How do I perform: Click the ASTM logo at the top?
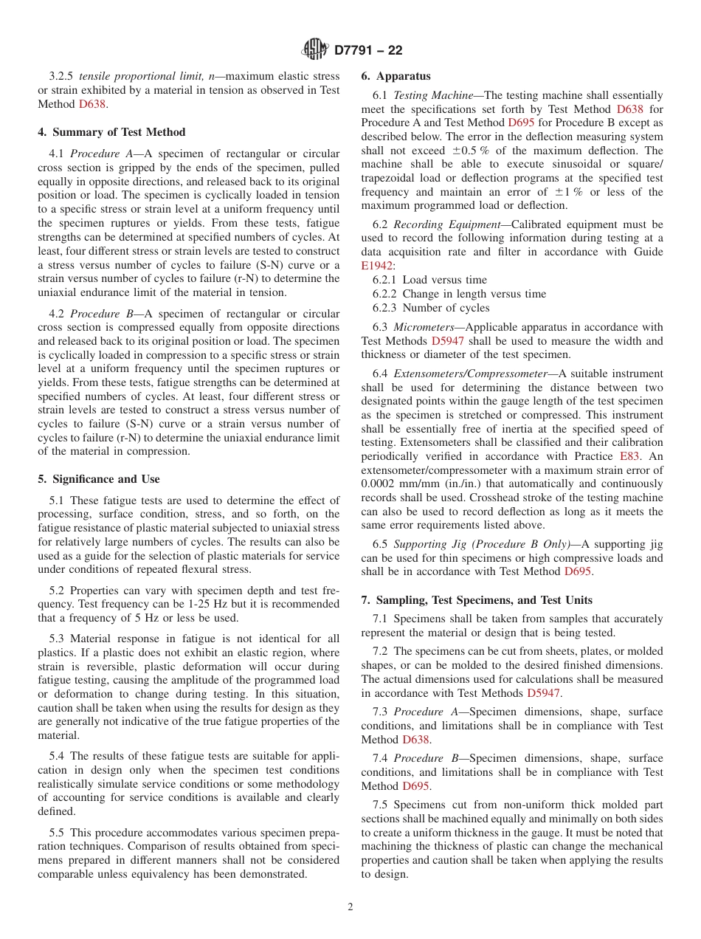315,50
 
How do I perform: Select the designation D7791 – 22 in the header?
368,51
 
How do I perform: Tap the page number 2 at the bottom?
350,907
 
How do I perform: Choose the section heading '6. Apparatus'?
396,76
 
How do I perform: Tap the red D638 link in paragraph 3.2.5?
92,104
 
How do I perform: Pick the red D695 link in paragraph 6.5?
578,571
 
